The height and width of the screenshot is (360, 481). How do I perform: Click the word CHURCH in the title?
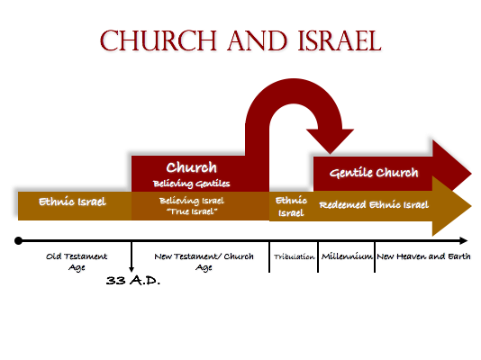point(159,40)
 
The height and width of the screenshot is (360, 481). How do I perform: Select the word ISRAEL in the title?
point(340,40)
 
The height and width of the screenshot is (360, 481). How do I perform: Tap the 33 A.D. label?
point(132,280)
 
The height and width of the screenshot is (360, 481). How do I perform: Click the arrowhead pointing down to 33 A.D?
point(132,269)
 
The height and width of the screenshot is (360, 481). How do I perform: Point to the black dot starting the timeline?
point(18,241)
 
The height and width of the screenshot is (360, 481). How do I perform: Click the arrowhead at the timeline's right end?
point(464,241)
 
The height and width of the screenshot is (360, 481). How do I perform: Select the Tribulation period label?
point(295,256)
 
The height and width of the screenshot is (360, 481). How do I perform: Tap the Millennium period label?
point(347,256)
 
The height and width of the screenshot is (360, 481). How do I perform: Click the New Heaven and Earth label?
point(423,256)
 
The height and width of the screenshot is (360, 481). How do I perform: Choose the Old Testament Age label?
point(77,262)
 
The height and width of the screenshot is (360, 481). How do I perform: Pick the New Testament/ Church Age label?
point(204,262)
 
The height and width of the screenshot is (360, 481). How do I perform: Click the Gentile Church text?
point(374,173)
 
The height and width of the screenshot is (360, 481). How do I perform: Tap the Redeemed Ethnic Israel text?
point(374,204)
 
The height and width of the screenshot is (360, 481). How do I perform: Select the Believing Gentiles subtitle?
point(192,184)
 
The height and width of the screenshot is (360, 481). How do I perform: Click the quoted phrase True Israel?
point(192,211)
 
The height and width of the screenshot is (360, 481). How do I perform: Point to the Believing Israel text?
point(192,201)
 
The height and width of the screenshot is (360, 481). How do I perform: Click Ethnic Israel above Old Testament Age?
point(72,202)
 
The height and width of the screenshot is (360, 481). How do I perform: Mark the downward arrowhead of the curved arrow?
point(330,141)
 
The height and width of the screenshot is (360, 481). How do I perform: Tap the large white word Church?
point(192,167)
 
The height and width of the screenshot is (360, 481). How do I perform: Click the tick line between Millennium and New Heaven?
point(375,256)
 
